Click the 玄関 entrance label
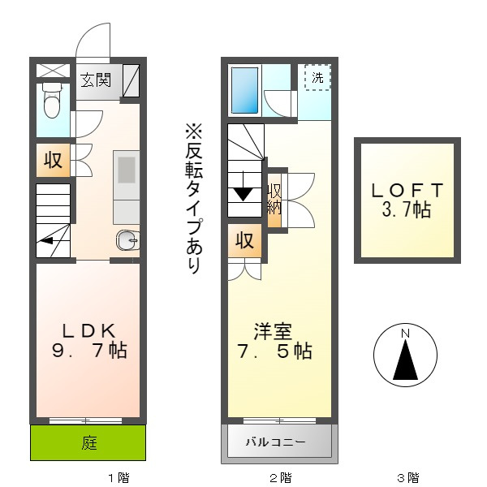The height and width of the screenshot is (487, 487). click(x=96, y=80)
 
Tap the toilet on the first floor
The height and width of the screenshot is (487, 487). click(x=53, y=101)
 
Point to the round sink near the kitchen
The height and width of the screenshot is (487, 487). click(x=127, y=239)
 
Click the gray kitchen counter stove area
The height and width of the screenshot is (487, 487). click(x=127, y=172)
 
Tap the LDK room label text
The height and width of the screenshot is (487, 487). click(x=90, y=341)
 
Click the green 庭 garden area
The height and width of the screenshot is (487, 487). click(x=88, y=442)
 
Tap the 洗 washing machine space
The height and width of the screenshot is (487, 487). click(x=317, y=79)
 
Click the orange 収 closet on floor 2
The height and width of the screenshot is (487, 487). click(x=244, y=240)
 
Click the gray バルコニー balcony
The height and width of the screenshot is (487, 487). click(x=278, y=443)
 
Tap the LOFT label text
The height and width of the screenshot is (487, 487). click(x=407, y=200)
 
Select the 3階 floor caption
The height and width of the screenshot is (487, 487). click(x=407, y=477)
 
